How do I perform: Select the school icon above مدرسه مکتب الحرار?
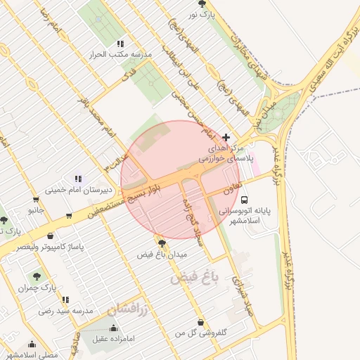[x=120, y=44]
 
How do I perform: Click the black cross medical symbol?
[x=226, y=137]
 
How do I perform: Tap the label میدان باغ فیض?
[x=162, y=253]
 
